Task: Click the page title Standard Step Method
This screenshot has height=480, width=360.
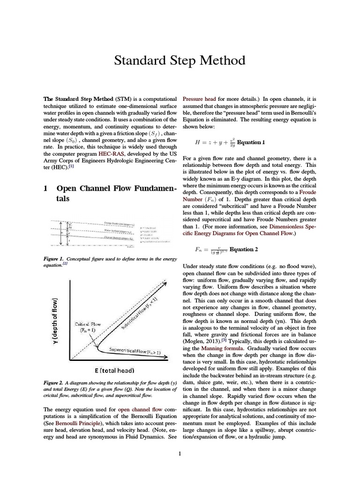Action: tap(180, 60)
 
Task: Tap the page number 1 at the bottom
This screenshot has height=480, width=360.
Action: tap(180, 453)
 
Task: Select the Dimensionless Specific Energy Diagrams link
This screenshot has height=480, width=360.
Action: tap(272, 229)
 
